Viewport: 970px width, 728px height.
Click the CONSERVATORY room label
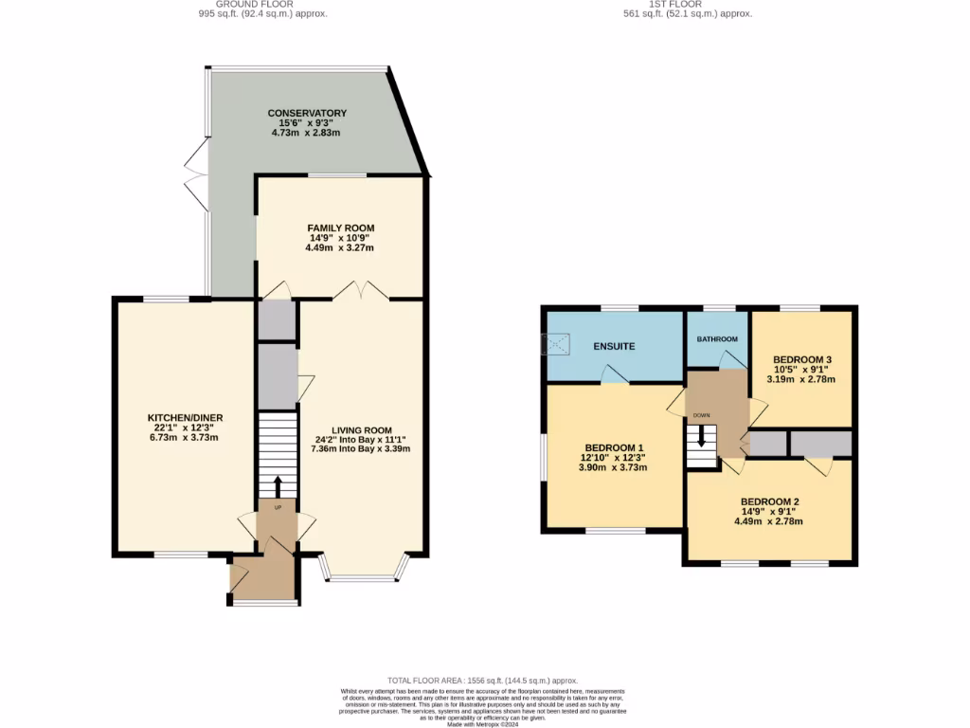[307, 113]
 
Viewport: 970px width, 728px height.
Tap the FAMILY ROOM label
[340, 228]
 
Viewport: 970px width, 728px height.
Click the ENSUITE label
[614, 346]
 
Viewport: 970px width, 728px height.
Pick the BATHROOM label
[717, 339]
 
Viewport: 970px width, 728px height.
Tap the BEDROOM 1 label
[614, 447]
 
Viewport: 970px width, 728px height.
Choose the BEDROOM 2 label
[770, 501]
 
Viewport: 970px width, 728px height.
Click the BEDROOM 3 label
[801, 359]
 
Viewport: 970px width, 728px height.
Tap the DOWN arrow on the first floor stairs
[701, 437]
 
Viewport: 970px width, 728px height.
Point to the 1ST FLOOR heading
[675, 5]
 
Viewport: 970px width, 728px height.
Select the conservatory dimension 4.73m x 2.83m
[307, 134]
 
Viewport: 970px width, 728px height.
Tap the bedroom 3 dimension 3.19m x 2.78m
[801, 379]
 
